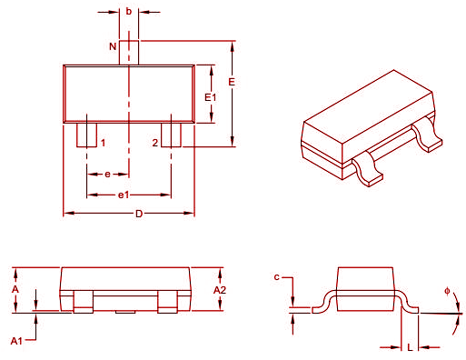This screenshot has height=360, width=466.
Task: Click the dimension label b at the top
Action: tap(129, 12)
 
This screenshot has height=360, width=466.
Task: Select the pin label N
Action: tap(113, 45)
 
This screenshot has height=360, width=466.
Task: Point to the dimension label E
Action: tap(233, 82)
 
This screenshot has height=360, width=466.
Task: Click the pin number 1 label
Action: tap(103, 144)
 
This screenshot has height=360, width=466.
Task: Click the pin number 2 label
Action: tap(154, 144)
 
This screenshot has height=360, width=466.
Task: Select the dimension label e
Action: tap(108, 173)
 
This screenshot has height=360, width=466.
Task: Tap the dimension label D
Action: tap(138, 215)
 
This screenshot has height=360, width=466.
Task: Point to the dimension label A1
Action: tap(15, 340)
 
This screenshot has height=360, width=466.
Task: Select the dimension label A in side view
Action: tap(15, 288)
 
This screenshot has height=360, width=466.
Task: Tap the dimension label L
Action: tap(410, 347)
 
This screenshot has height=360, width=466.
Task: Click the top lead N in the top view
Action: tap(128, 51)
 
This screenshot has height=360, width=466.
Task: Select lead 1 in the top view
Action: tap(87, 134)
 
